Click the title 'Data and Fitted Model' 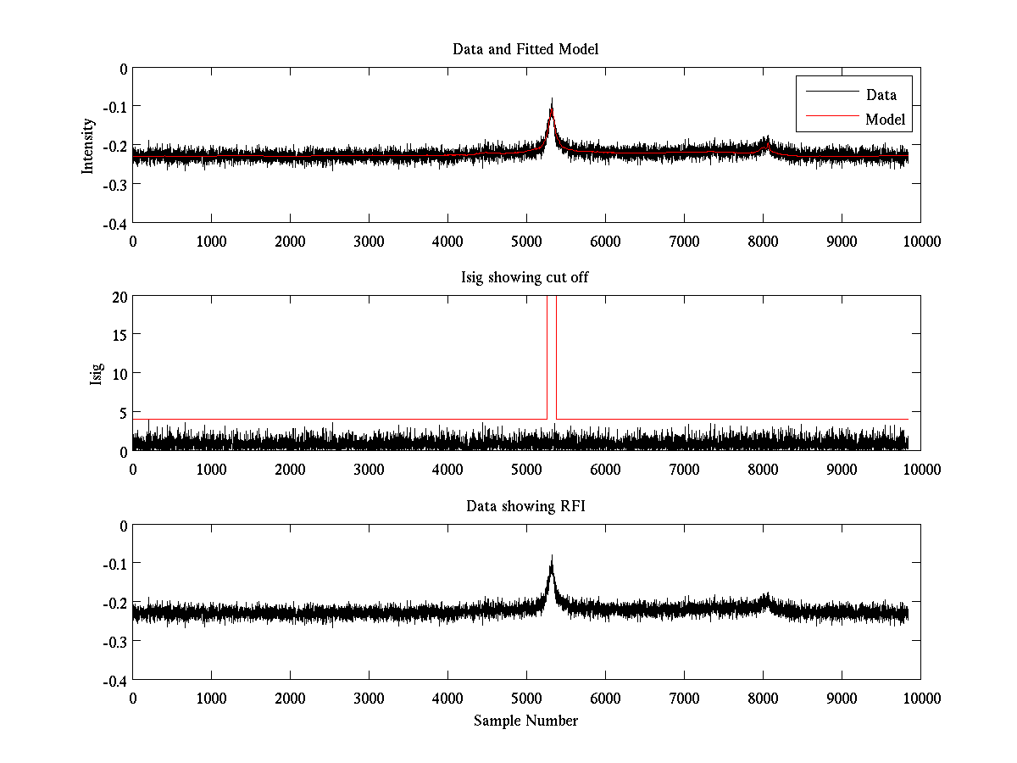tap(525, 49)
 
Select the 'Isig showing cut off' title tap(525, 278)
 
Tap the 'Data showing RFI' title tap(525, 506)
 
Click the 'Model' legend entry tap(886, 120)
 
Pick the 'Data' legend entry tap(881, 95)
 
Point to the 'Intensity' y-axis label tap(88, 146)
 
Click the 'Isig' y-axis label tap(97, 374)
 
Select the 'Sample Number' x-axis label tap(525, 721)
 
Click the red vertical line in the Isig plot tap(556, 356)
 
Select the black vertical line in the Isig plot tap(547, 356)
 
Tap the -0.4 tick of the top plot tap(114, 224)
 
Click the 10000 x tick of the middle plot tap(920, 469)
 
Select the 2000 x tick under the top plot tap(290, 241)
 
